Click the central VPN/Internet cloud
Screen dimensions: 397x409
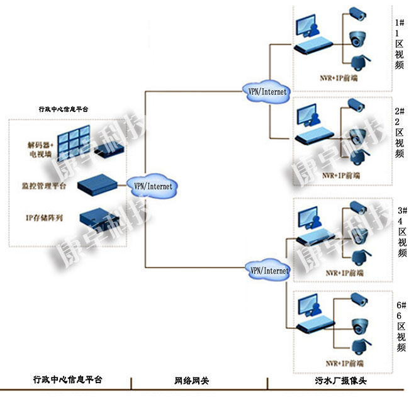(x=152, y=186)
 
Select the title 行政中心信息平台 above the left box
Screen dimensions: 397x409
(x=64, y=109)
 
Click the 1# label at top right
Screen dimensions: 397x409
(x=400, y=21)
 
